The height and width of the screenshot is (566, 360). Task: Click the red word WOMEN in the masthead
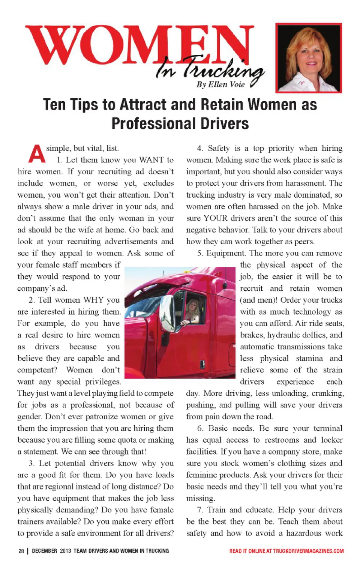139,45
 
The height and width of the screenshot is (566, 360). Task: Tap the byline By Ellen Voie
220,84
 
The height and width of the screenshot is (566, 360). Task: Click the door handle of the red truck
202,363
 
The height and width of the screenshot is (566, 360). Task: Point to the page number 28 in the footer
21,551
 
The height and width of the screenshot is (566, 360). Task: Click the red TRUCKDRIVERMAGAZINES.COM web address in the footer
308,551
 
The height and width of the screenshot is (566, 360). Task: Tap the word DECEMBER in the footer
44,551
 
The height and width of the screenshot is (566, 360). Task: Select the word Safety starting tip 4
219,148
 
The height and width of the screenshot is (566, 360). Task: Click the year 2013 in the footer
65,551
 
